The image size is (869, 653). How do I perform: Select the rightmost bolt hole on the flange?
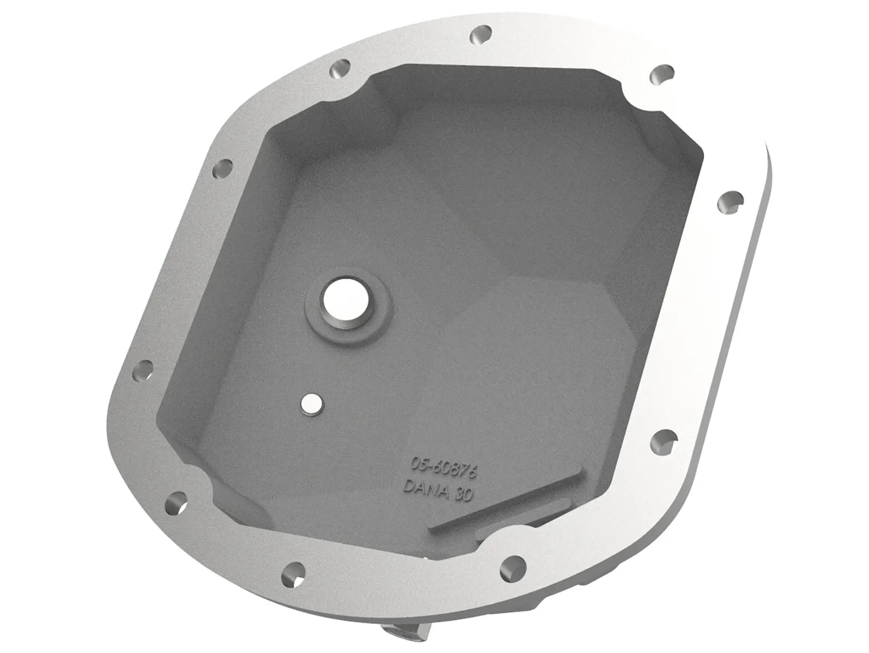(730, 202)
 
